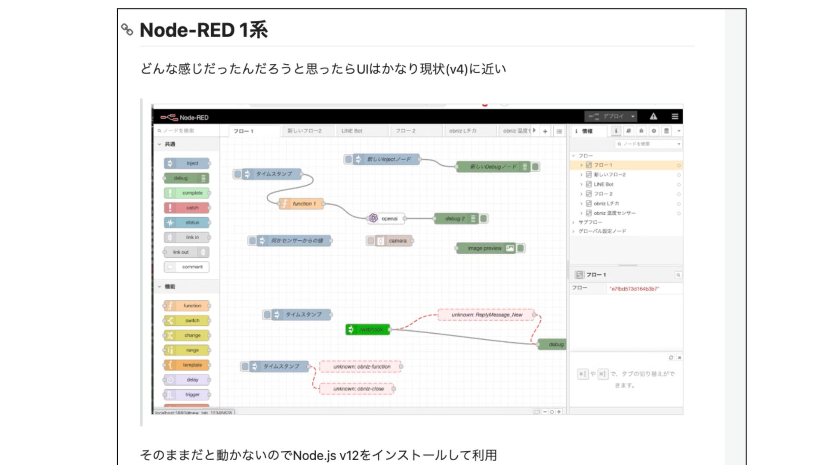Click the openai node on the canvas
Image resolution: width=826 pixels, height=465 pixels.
point(386,219)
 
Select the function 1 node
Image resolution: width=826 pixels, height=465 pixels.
point(301,204)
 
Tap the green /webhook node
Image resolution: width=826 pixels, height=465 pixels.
point(368,329)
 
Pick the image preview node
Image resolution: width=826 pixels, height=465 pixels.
point(486,248)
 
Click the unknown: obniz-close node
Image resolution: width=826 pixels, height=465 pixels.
point(358,389)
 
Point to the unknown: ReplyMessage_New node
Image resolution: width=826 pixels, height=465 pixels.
point(486,315)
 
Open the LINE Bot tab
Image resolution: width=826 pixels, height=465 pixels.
point(352,131)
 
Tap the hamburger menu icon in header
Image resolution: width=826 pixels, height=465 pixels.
point(675,116)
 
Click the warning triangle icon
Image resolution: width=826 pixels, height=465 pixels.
point(653,116)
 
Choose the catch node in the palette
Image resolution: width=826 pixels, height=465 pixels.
point(187,208)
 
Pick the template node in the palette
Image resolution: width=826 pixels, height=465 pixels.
point(187,365)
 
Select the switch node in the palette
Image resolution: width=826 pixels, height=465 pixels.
point(187,320)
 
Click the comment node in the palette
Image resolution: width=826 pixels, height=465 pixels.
point(187,267)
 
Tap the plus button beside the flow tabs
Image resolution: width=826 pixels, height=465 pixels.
point(545,131)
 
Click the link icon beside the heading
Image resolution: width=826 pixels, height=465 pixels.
point(127,29)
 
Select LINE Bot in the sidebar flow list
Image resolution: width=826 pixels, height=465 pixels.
point(603,184)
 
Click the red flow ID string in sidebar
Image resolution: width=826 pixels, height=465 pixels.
point(634,289)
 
